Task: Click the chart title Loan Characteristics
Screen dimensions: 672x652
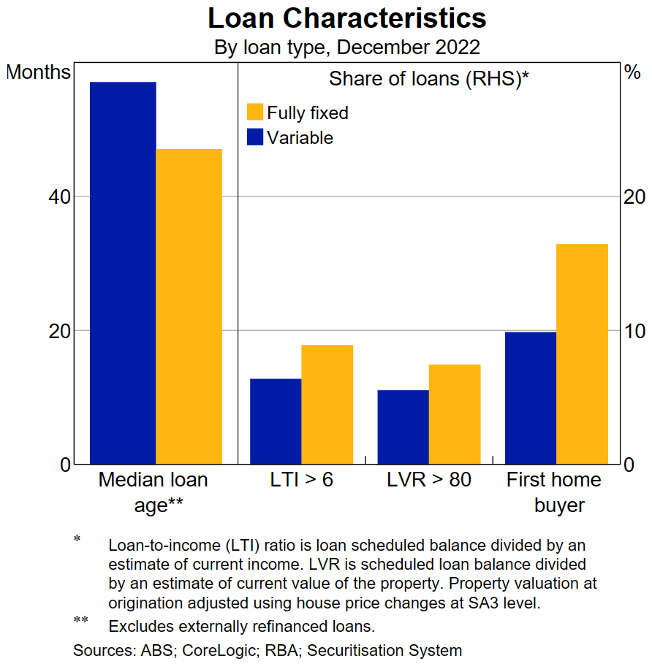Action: (x=346, y=18)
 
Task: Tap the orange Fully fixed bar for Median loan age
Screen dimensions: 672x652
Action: (x=189, y=306)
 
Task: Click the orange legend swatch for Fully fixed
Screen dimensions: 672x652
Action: (x=255, y=112)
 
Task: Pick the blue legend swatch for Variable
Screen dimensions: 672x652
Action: (x=255, y=137)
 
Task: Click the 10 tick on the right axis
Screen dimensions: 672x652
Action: (x=632, y=331)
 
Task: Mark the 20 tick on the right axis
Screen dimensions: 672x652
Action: (x=632, y=197)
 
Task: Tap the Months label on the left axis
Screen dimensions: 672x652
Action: (x=38, y=72)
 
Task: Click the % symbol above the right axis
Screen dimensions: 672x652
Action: (x=632, y=72)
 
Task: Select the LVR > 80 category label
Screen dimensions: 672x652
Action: (x=428, y=480)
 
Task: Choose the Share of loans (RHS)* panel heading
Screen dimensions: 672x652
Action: (x=428, y=79)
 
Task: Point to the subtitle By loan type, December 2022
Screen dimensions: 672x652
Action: (x=346, y=47)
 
